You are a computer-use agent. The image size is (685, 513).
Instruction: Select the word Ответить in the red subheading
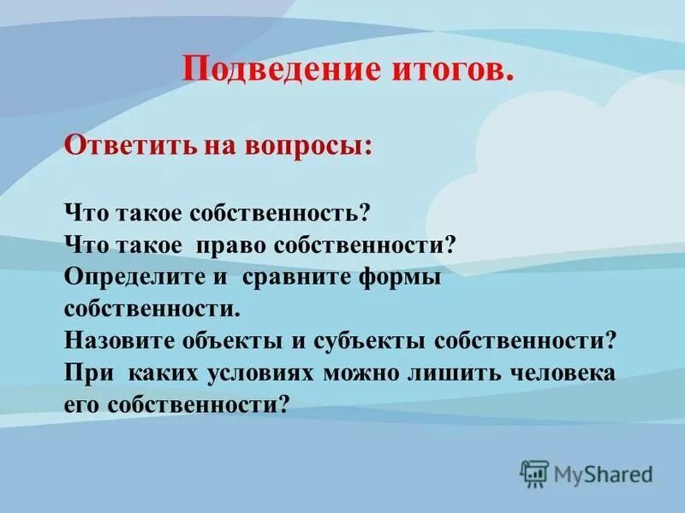[x=119, y=145]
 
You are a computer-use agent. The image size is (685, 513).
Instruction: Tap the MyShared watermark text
[x=603, y=474]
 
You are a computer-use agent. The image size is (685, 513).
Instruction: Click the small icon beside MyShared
[x=534, y=473]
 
